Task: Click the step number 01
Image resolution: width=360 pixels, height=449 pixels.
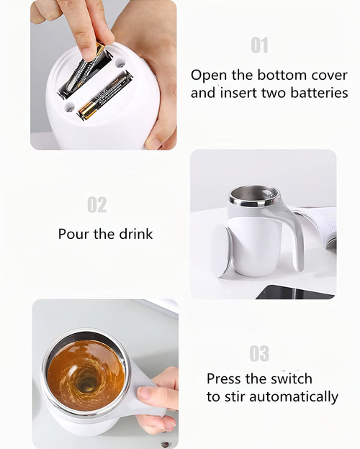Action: click(x=259, y=45)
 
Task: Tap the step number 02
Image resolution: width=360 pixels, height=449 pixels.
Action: click(x=96, y=205)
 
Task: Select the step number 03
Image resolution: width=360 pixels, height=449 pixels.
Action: click(x=259, y=353)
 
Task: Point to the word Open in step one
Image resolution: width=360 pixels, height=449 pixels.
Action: click(x=210, y=75)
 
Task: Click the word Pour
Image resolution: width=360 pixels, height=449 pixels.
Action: click(x=75, y=234)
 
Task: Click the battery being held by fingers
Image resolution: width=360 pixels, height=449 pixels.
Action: click(x=83, y=72)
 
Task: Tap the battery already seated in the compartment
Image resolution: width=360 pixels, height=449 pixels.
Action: click(x=106, y=96)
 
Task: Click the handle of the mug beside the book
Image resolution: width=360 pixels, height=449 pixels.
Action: click(x=292, y=230)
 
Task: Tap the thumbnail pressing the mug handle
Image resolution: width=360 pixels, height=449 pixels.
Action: click(x=144, y=394)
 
